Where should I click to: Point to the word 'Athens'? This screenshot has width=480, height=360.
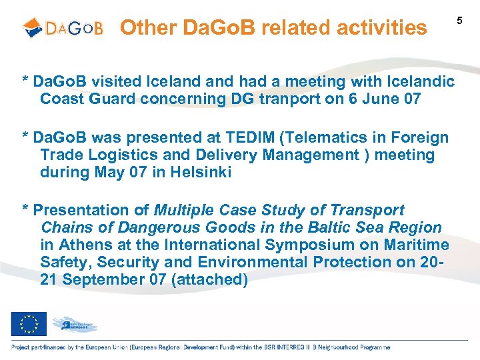tap(83, 245)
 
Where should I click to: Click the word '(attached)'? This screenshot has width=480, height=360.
tap(209, 279)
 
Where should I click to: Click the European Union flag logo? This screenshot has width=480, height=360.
tap(29, 324)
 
